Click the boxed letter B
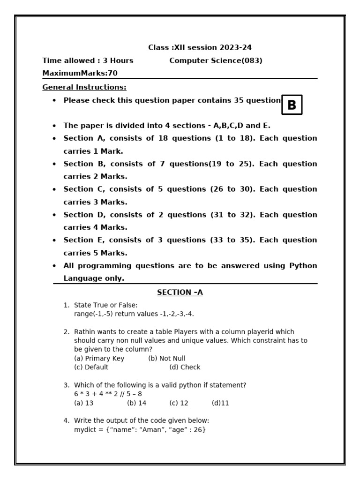[x=292, y=105]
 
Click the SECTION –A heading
[x=180, y=292]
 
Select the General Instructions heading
[x=84, y=87]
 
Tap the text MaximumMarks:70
[x=80, y=73]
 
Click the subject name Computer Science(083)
[x=216, y=60]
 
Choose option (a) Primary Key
[x=99, y=359]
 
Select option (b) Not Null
[x=167, y=359]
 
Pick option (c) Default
[x=91, y=367]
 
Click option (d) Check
[x=185, y=367]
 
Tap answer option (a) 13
[x=84, y=403]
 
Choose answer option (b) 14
[x=136, y=403]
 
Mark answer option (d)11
[x=220, y=403]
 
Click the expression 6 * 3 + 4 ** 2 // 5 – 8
[x=108, y=394]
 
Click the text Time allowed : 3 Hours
[x=88, y=60]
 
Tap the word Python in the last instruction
[x=303, y=266]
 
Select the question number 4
[x=66, y=421]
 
